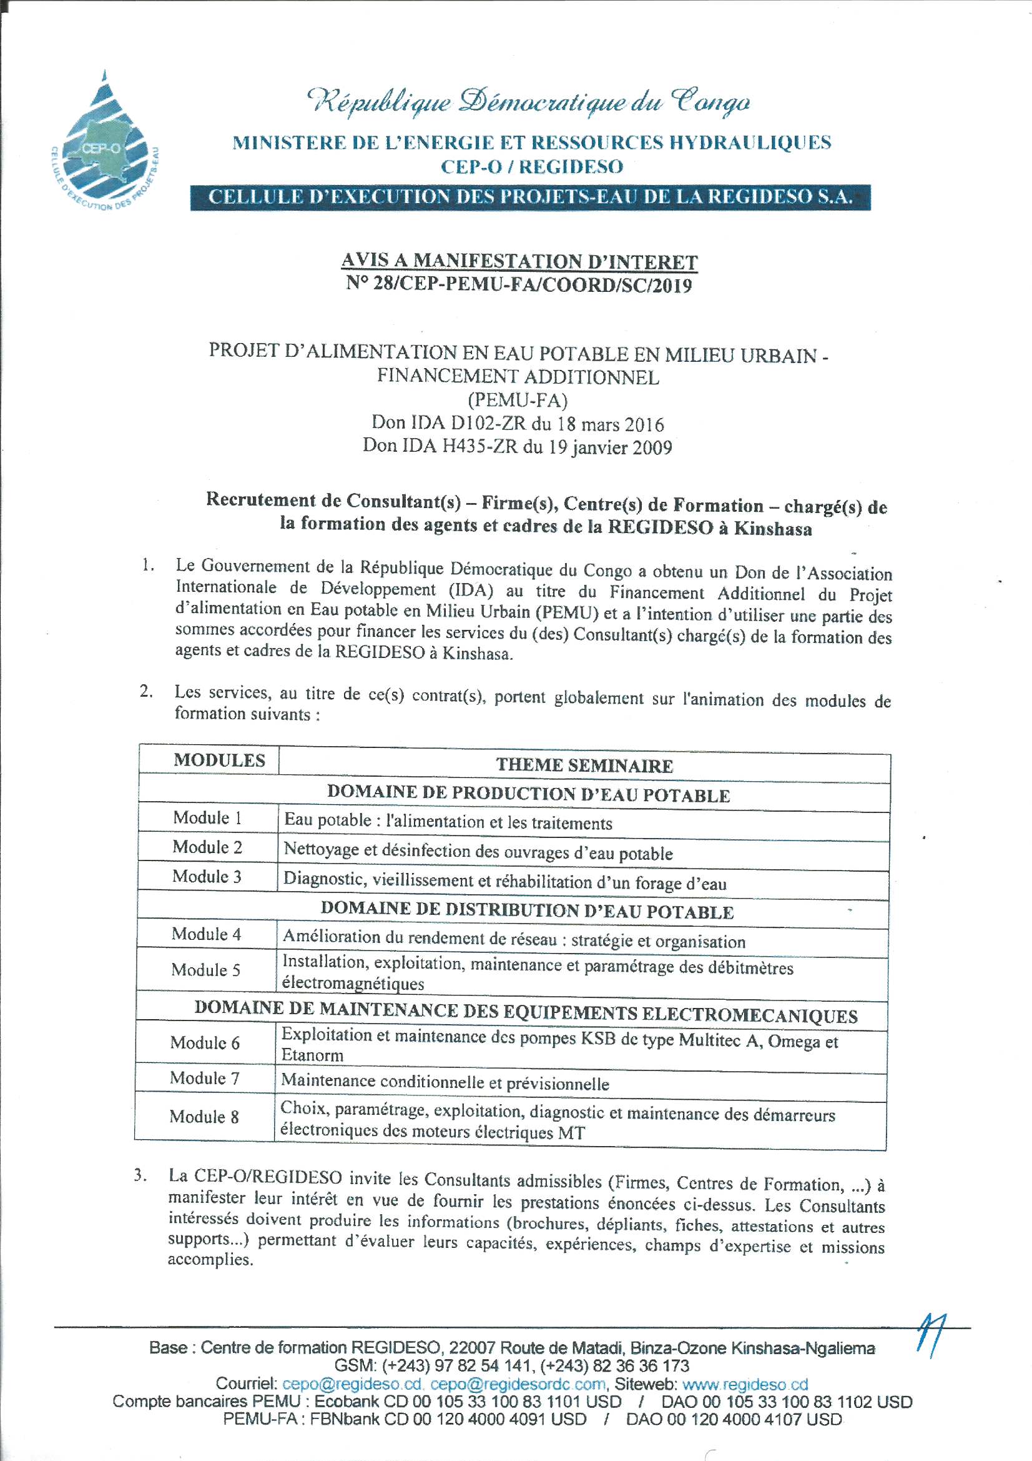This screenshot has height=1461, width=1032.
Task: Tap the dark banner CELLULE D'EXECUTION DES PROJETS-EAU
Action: pyautogui.click(x=529, y=197)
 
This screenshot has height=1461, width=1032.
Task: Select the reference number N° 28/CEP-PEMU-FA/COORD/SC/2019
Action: pyautogui.click(x=519, y=284)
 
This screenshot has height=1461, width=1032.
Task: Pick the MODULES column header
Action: pyautogui.click(x=219, y=760)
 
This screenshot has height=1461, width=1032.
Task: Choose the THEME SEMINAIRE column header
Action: pyautogui.click(x=584, y=765)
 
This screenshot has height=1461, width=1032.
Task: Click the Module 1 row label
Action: pyautogui.click(x=207, y=818)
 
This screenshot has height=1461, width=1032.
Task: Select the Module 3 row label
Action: pyautogui.click(x=207, y=876)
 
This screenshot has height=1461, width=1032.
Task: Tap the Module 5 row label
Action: pyautogui.click(x=205, y=970)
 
